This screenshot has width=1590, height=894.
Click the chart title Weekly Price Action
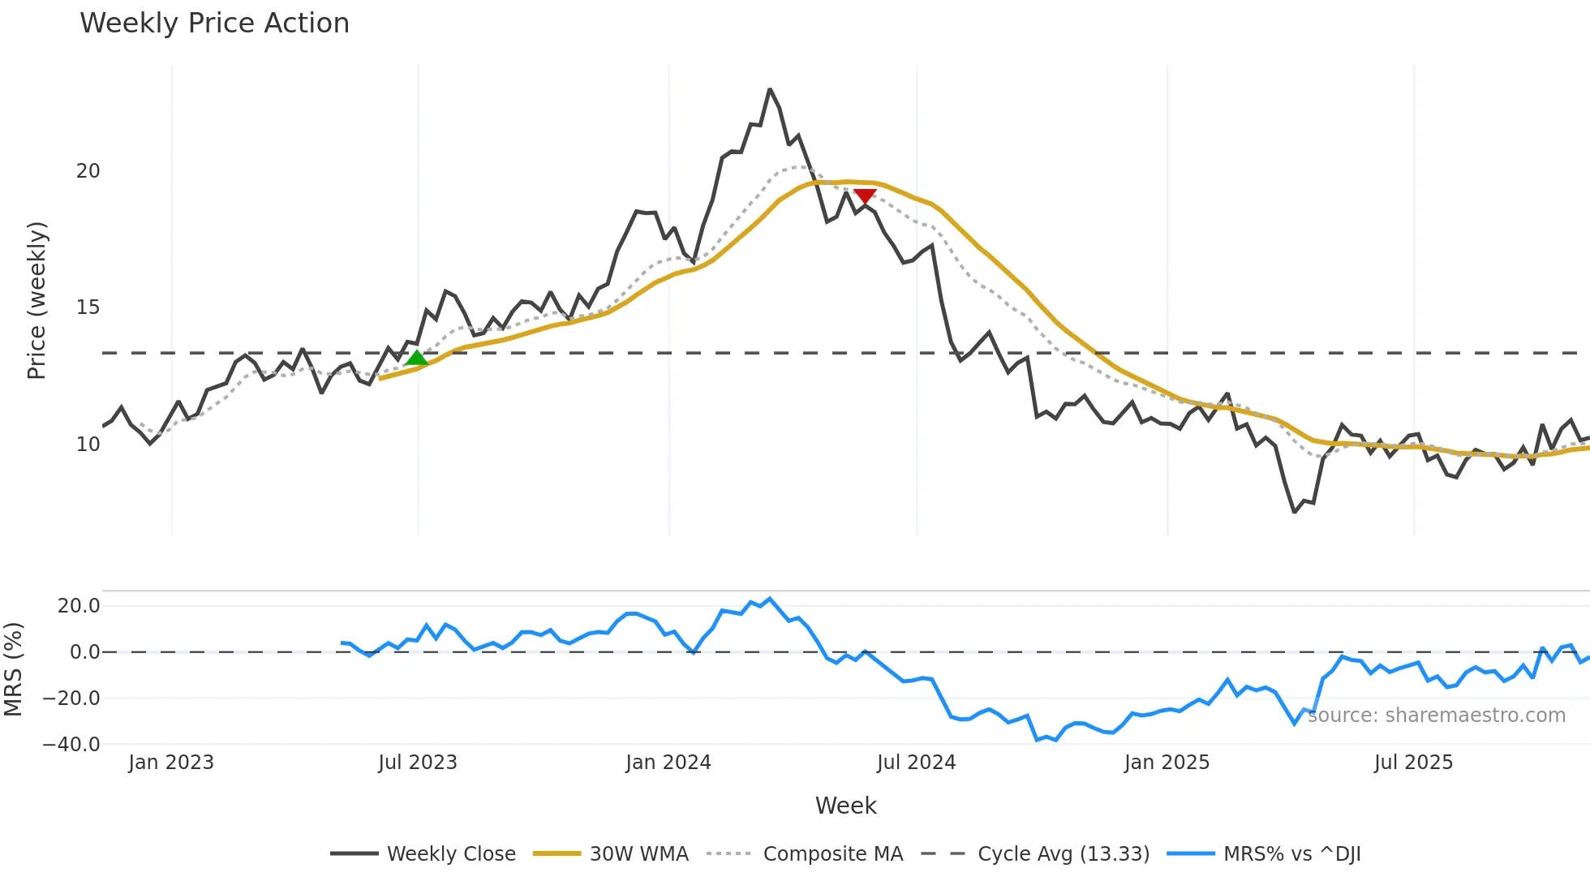[x=214, y=24]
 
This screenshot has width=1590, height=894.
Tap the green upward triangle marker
[x=417, y=359]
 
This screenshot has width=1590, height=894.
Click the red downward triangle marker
[x=865, y=196]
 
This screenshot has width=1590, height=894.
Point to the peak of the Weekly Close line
[x=770, y=90]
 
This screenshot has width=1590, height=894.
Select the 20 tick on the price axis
[x=88, y=171]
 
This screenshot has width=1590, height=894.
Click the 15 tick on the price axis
[x=88, y=307]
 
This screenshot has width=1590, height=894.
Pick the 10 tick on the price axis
[x=88, y=445]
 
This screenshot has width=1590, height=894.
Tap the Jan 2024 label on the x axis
[x=668, y=763]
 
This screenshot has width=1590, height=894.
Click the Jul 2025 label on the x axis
[x=1413, y=763]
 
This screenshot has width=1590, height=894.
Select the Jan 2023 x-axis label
[x=171, y=763]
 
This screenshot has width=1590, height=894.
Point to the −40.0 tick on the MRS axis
[x=71, y=744]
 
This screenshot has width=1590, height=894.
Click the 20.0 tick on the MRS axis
[x=79, y=606]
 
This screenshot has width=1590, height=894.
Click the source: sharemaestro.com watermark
[x=1436, y=716]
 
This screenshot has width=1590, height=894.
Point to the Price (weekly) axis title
[x=37, y=300]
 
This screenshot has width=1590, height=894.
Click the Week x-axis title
[x=845, y=806]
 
